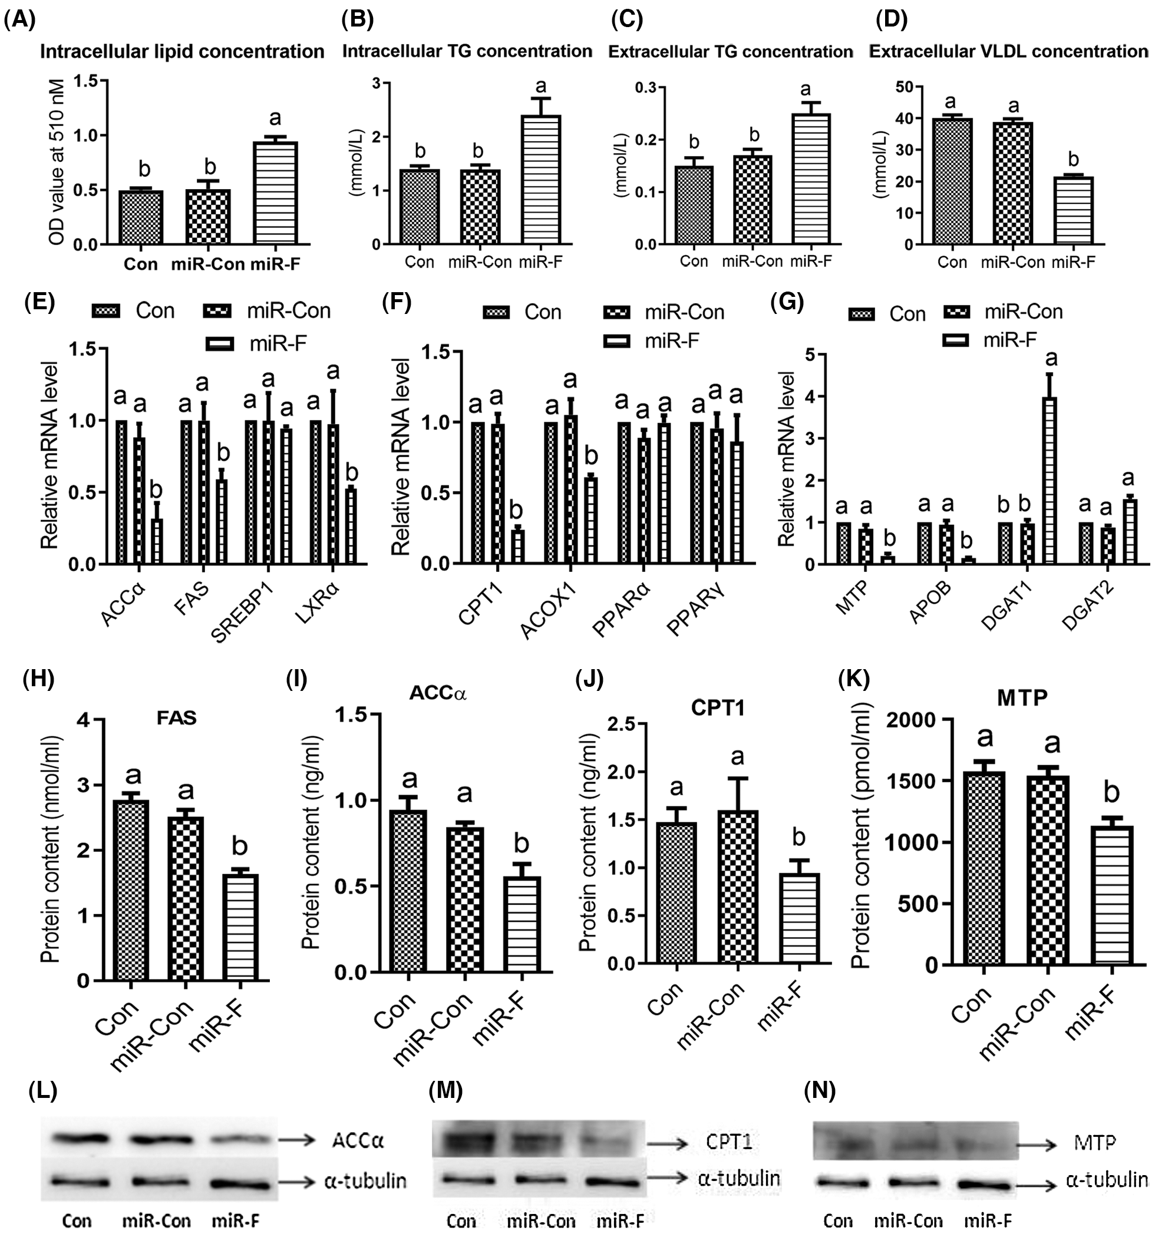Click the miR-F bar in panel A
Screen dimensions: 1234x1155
275,193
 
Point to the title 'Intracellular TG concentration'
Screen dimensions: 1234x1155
467,51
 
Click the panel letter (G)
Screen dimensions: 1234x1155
786,302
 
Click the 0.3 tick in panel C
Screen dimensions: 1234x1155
646,88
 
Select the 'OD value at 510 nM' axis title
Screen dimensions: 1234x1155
57,162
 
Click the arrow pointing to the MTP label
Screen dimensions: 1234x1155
1037,1144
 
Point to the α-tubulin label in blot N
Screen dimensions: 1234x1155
1107,1180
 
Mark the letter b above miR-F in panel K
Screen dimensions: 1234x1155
1111,793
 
